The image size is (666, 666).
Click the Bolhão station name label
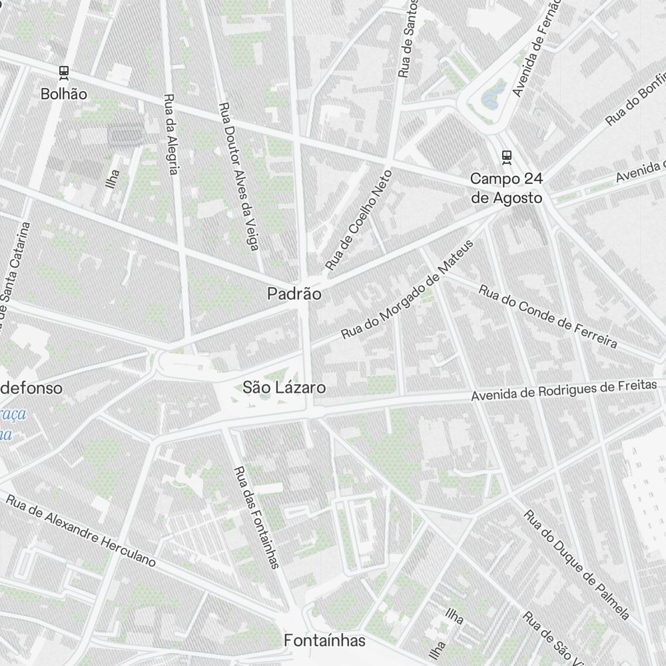point(63,94)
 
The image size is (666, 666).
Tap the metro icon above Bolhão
point(64,71)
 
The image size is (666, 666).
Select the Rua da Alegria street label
point(170,133)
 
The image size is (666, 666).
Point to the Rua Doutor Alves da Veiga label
point(238,177)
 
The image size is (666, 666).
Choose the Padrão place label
point(294,294)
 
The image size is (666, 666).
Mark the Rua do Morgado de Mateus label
point(407,290)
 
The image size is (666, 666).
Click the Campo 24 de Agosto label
point(506,188)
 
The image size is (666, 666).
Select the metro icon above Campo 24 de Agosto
point(507,156)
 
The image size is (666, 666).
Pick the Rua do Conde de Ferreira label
point(547,316)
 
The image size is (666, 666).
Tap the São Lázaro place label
point(284,387)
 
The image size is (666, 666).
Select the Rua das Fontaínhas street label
point(255,516)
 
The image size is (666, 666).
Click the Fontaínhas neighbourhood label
point(324,641)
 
